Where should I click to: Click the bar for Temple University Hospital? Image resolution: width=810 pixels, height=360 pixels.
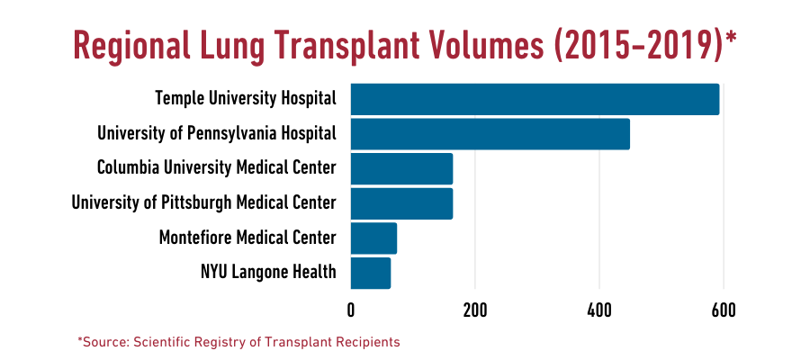pyautogui.click(x=535, y=99)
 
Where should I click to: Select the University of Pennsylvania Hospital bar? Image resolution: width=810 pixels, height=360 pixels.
pyautogui.click(x=490, y=134)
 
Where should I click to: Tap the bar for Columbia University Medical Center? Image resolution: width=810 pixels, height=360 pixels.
pyautogui.click(x=401, y=168)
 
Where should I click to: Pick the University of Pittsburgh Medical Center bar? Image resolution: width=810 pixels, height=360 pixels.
pyautogui.click(x=401, y=203)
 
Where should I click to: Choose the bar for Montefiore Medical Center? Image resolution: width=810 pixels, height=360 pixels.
pyautogui.click(x=373, y=238)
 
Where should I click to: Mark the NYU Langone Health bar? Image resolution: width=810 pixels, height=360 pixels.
pyautogui.click(x=370, y=273)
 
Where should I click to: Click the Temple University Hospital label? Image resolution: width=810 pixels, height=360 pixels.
pyautogui.click(x=246, y=98)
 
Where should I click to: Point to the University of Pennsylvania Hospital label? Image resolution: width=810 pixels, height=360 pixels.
pyautogui.click(x=217, y=133)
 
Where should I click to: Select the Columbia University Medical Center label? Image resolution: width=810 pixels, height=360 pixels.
pyautogui.click(x=217, y=167)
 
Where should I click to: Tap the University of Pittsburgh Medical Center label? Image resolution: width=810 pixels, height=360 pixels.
pyautogui.click(x=204, y=202)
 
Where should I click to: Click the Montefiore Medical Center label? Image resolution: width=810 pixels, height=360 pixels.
pyautogui.click(x=247, y=238)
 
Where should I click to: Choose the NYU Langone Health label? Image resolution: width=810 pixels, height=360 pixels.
pyautogui.click(x=268, y=272)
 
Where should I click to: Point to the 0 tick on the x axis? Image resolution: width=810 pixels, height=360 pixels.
pyautogui.click(x=351, y=310)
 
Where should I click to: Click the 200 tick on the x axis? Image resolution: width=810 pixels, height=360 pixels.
pyautogui.click(x=475, y=310)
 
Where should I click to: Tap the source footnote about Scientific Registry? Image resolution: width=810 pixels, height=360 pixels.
pyautogui.click(x=238, y=343)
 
